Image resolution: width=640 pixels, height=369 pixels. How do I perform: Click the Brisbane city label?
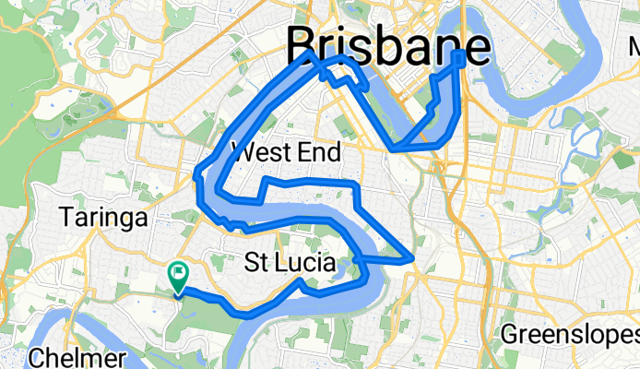pyautogui.click(x=387, y=44)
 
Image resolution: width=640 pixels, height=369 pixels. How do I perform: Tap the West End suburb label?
pyautogui.click(x=286, y=152)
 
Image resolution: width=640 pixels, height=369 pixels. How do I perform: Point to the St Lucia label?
pyautogui.click(x=290, y=263)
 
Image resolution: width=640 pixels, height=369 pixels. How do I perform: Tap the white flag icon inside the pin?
pyautogui.click(x=177, y=272)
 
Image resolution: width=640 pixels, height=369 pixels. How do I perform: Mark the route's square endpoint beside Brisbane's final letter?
pyautogui.click(x=459, y=59)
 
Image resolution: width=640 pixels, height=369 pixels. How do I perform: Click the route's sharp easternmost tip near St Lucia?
pyautogui.click(x=411, y=259)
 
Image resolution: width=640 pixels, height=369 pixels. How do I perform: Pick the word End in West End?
pyautogui.click(x=322, y=152)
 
